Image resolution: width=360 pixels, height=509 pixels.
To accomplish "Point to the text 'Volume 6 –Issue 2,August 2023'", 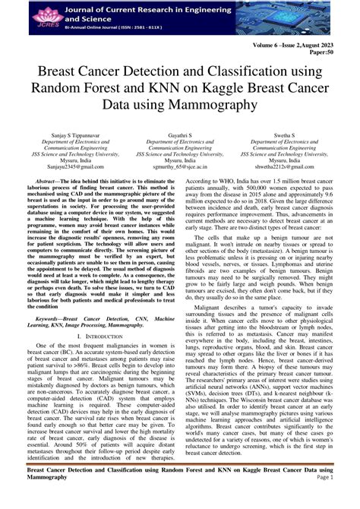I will tap(303, 46).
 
